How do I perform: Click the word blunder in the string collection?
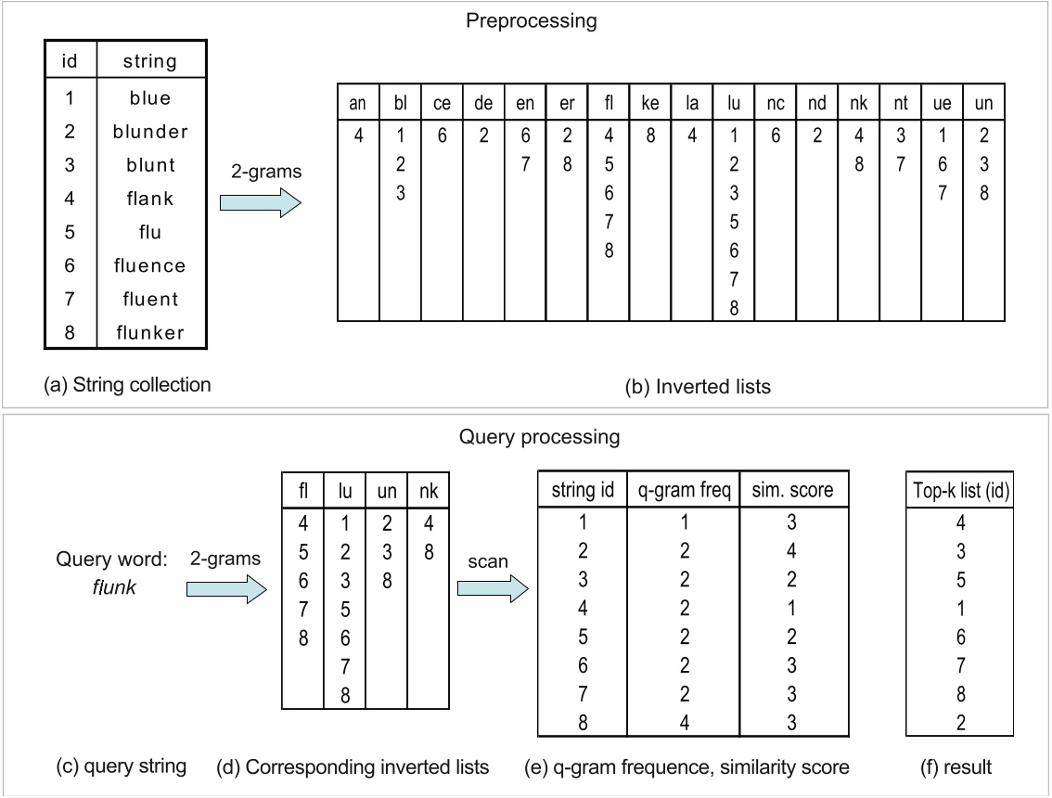[x=149, y=131]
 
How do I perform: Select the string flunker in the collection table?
[x=149, y=332]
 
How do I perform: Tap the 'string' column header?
[x=149, y=62]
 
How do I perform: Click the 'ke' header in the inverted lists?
[x=650, y=104]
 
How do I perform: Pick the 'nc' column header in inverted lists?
[x=776, y=104]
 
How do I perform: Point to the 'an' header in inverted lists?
[x=357, y=104]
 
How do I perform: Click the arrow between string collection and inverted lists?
[x=260, y=203]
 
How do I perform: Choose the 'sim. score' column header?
[x=794, y=489]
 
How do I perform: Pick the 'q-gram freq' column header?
[x=683, y=489]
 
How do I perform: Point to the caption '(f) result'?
[x=960, y=766]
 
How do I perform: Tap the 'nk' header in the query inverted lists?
[x=428, y=489]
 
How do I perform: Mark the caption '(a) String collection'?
[x=128, y=384]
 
